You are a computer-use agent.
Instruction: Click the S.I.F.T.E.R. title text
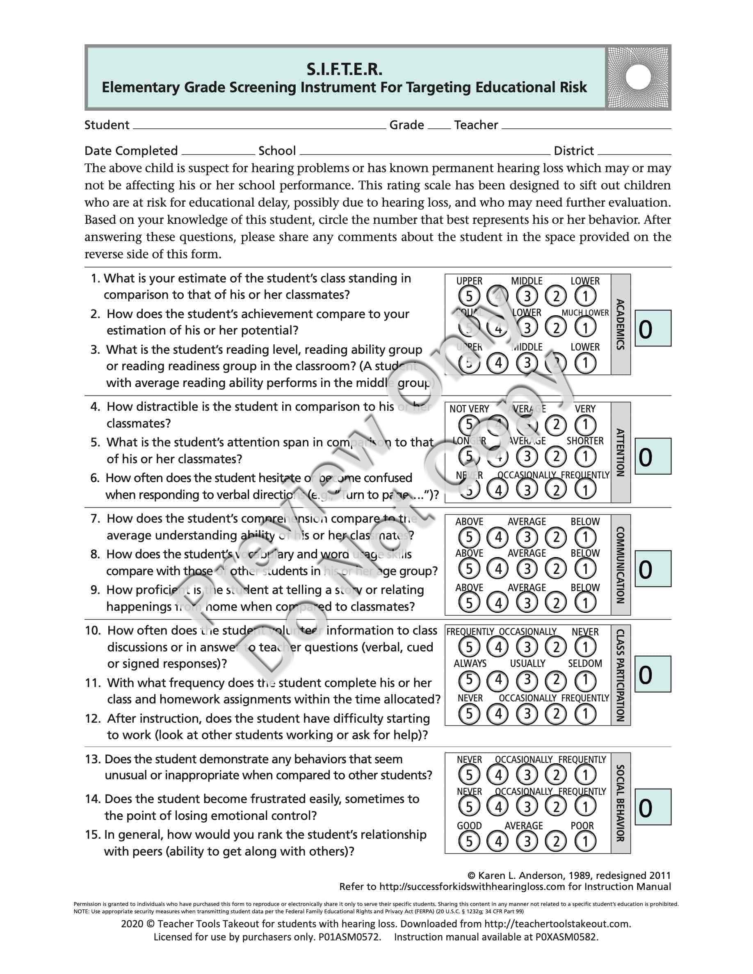coord(344,69)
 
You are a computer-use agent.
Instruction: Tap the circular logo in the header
coord(638,77)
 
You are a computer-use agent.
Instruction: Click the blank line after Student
coord(259,125)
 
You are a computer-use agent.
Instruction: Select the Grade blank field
coord(439,125)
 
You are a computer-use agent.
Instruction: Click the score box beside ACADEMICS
coord(653,329)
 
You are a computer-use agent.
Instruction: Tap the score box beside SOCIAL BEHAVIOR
coord(653,807)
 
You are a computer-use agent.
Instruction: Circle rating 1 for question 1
coord(585,296)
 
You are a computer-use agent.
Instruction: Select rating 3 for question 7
coord(527,537)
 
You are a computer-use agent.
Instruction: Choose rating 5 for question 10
coord(469,647)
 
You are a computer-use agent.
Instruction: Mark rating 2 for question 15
coord(556,842)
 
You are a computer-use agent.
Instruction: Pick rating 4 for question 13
coord(498,775)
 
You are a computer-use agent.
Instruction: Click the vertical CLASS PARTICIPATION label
coord(620,675)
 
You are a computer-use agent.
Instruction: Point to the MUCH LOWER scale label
coord(585,313)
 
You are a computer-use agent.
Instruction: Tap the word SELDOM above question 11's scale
coord(585,664)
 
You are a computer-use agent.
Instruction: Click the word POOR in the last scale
coord(582,826)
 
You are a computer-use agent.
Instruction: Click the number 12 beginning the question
coord(92,719)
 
